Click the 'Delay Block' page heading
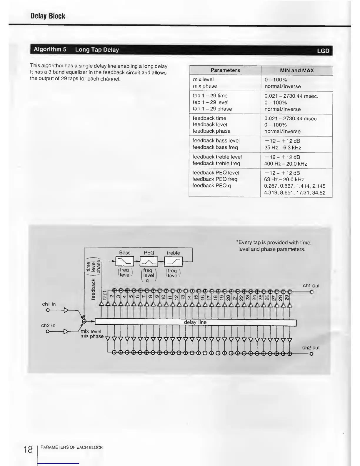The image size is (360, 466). [48, 16]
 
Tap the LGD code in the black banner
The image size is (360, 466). [323, 51]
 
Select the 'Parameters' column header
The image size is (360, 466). [225, 70]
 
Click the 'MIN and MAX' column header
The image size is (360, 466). [296, 71]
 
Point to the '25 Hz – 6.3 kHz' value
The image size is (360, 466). [282, 148]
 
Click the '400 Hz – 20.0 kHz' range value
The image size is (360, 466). [285, 164]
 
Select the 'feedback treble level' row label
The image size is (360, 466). [217, 157]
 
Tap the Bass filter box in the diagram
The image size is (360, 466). [125, 261]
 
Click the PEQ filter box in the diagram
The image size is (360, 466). [149, 261]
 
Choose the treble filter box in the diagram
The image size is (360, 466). [173, 261]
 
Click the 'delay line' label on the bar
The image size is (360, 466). [195, 322]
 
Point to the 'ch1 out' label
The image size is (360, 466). [311, 286]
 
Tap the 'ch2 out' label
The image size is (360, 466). [311, 348]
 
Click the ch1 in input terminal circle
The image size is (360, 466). [47, 310]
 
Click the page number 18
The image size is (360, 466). [28, 450]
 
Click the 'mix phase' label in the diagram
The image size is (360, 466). [92, 336]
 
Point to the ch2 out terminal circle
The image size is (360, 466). [311, 354]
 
